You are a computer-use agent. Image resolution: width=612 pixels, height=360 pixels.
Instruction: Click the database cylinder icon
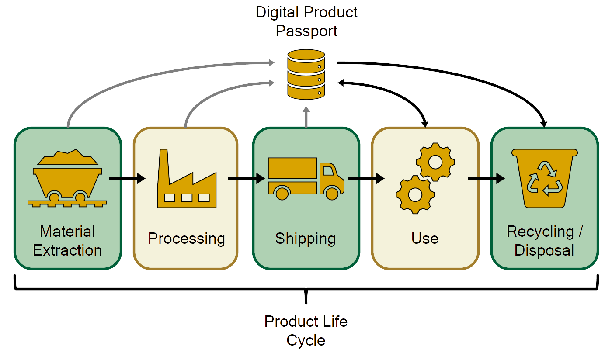point(306,74)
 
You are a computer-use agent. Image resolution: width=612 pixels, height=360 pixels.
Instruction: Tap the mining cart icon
point(67,178)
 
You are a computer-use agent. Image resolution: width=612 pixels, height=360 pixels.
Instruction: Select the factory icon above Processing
point(187,178)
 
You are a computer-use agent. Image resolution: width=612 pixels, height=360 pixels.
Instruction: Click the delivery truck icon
point(306,179)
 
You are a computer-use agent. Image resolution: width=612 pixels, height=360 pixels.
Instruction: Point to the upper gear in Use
point(435,162)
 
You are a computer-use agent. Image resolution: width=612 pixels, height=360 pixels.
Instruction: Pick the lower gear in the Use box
point(415,194)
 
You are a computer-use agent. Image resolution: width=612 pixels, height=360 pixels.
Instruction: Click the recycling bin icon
point(545,178)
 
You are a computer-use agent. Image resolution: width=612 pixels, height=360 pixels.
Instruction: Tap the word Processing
point(186,239)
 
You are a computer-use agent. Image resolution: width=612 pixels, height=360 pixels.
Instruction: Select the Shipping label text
point(305,239)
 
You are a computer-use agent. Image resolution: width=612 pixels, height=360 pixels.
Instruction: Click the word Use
point(425,239)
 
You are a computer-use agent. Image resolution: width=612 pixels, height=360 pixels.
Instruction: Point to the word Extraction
point(67,250)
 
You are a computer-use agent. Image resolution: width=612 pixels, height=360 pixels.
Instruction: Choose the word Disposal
point(544,250)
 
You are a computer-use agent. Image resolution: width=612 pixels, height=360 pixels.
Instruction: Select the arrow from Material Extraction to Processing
point(127,178)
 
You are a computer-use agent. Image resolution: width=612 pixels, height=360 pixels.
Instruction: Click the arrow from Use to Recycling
point(486,178)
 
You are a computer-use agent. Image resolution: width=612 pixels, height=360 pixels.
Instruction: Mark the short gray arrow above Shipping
point(306,117)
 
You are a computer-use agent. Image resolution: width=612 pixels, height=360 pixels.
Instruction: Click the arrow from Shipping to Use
point(366,178)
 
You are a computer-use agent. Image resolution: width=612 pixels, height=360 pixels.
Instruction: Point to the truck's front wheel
point(332,194)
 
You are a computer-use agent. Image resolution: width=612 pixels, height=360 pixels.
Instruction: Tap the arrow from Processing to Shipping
point(247,178)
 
